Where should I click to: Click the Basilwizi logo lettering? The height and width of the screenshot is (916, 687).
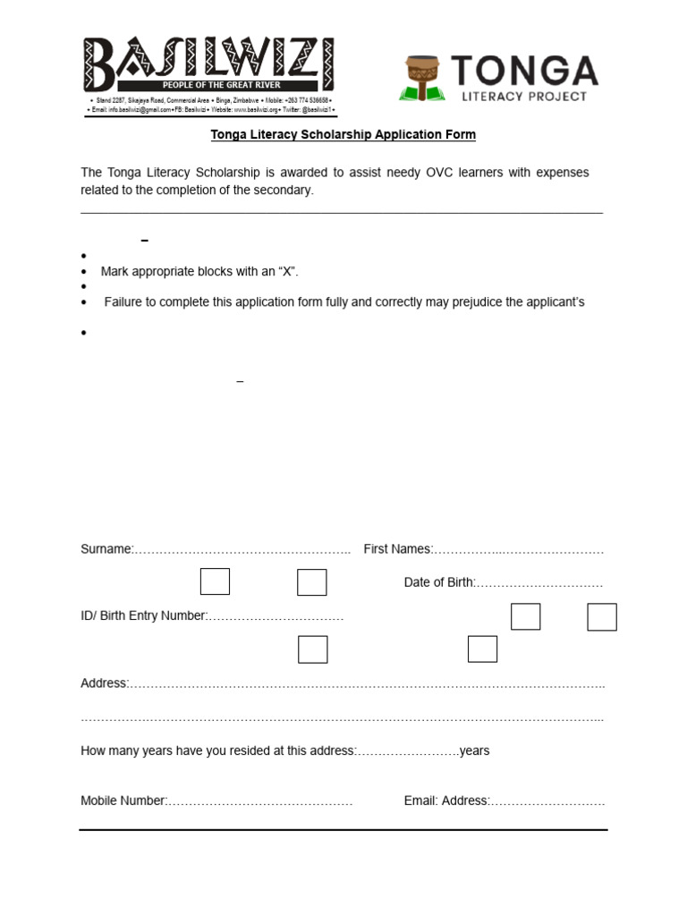[x=209, y=59]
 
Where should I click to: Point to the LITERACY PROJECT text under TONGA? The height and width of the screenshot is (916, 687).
[x=524, y=97]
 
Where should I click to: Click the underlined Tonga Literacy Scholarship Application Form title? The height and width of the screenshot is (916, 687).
[x=343, y=135]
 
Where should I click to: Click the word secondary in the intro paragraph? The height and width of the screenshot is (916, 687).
[x=285, y=191]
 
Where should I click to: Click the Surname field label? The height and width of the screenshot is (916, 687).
[x=106, y=549]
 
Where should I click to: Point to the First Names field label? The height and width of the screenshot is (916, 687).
[x=397, y=549]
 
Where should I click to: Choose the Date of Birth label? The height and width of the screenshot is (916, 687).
[x=438, y=582]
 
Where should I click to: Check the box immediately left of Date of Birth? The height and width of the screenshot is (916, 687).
[x=311, y=582]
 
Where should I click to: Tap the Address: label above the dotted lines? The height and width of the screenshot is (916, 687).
[x=105, y=683]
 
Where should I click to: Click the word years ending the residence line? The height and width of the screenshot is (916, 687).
[x=474, y=751]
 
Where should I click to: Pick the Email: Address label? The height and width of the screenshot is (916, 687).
[x=446, y=801]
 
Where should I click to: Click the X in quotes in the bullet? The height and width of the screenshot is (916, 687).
[x=289, y=271]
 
